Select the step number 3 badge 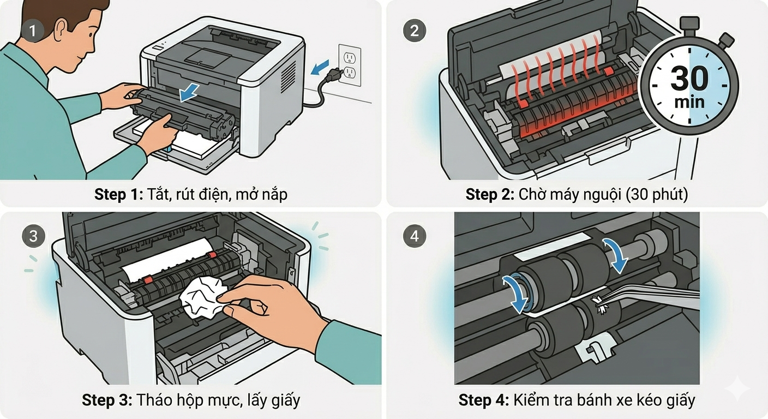pyautogui.click(x=33, y=236)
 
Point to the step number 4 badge pyautogui.click(x=415, y=236)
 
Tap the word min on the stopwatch pyautogui.click(x=689, y=101)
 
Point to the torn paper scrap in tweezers pyautogui.click(x=603, y=306)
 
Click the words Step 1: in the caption pyautogui.click(x=118, y=194)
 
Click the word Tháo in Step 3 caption pyautogui.click(x=154, y=400)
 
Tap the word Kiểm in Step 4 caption pyautogui.click(x=532, y=400)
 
